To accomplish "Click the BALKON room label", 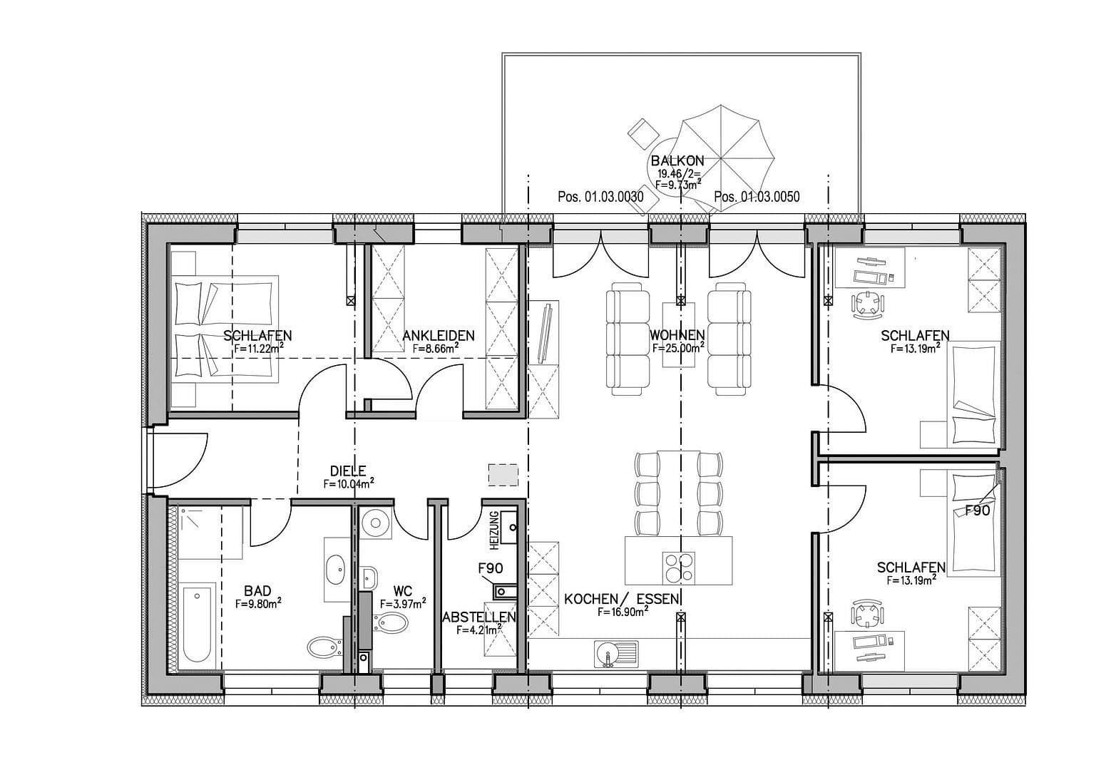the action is (677, 160).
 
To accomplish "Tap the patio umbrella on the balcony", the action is (722, 158).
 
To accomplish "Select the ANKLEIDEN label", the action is (439, 336).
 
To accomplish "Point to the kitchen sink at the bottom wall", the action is (616, 654).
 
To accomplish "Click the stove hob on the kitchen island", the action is (679, 567).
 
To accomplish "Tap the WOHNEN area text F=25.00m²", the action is (678, 348).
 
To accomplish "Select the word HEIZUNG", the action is (494, 530).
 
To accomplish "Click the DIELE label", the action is (348, 471).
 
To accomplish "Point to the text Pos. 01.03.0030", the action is (600, 197).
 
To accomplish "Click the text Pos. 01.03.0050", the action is (757, 197).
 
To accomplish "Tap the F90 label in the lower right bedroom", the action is (978, 511).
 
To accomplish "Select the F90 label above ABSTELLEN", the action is (491, 568).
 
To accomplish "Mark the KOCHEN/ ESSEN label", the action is (622, 599).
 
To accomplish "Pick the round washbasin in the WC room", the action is (376, 523).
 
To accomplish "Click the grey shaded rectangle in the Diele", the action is (503, 475).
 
